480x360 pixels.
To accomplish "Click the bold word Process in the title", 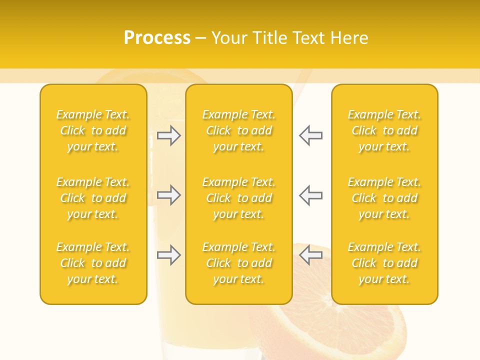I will point(157,37).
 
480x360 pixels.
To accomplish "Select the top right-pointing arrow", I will point(169,135).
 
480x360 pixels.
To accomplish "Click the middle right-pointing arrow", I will point(169,195).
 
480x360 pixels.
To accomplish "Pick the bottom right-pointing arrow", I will point(169,255).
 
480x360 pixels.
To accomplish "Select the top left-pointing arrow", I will point(310,135).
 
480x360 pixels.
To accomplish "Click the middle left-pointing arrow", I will point(310,195).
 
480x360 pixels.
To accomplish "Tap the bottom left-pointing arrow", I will point(310,255).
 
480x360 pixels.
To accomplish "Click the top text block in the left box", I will point(93,130).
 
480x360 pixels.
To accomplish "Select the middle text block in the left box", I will point(93,198).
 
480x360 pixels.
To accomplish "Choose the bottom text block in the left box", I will point(93,263).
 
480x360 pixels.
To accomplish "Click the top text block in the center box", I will point(239,130).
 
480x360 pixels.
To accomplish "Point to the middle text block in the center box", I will point(239,198).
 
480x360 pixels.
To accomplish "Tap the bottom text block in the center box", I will point(239,263).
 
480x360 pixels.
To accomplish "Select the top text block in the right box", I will point(384,130).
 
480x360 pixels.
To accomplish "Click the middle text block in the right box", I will point(384,198).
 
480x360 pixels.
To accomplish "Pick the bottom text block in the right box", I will point(384,263).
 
